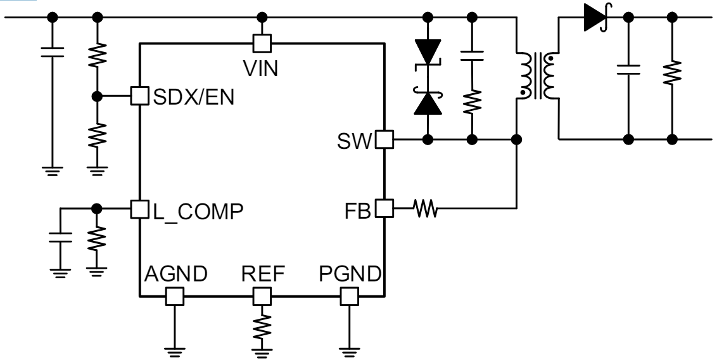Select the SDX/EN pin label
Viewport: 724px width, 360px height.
click(191, 98)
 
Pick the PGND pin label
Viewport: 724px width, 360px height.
click(350, 274)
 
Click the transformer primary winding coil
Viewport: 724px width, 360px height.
click(526, 74)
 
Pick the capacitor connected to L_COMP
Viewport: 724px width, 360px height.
click(60, 239)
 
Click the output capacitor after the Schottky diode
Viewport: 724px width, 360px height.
click(629, 69)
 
